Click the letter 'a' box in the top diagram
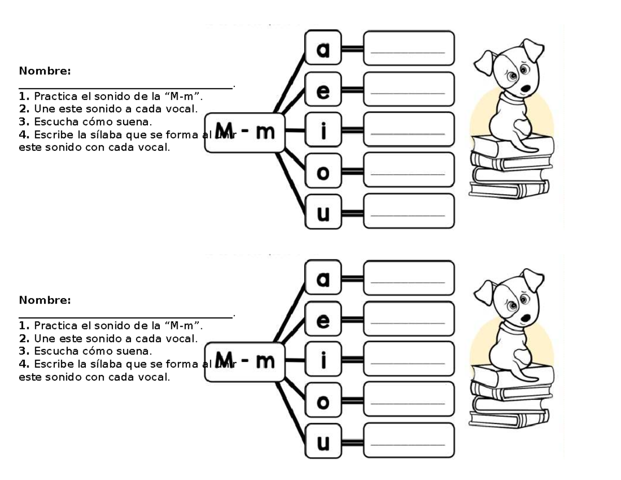(x=323, y=50)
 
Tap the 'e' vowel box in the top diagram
(x=323, y=91)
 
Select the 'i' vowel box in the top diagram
(x=323, y=132)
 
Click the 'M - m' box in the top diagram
(x=244, y=133)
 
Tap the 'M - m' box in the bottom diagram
(x=244, y=361)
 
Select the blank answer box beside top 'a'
(x=408, y=49)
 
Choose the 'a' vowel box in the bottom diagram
(x=323, y=279)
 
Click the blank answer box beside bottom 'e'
(x=408, y=319)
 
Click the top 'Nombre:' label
(x=45, y=71)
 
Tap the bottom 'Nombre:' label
(x=45, y=300)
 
